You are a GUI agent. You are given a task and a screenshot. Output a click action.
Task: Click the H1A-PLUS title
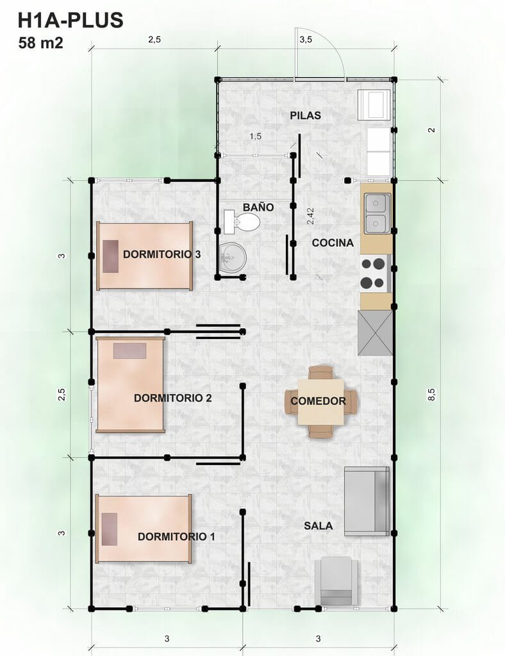pyautogui.click(x=70, y=20)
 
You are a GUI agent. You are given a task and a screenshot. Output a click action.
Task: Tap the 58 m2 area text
pyautogui.click(x=40, y=43)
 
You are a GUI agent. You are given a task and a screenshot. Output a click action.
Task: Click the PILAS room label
pyautogui.click(x=306, y=115)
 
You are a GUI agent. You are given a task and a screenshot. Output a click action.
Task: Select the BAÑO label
pyautogui.click(x=258, y=207)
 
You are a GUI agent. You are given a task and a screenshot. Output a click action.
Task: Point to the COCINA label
pyautogui.click(x=333, y=243)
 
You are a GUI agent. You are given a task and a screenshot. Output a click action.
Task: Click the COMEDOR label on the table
pyautogui.click(x=318, y=401)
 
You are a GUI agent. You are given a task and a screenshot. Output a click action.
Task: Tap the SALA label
pyautogui.click(x=318, y=526)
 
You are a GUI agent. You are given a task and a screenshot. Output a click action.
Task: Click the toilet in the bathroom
pyautogui.click(x=242, y=222)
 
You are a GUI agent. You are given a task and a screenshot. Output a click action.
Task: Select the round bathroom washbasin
pyautogui.click(x=233, y=258)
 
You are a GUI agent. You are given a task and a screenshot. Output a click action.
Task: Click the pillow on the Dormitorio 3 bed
pyautogui.click(x=110, y=256)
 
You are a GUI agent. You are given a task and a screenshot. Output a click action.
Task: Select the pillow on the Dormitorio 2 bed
pyautogui.click(x=129, y=351)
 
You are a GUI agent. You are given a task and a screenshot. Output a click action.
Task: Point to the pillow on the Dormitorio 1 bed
pyautogui.click(x=109, y=529)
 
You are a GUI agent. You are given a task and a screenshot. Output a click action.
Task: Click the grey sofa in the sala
pyautogui.click(x=367, y=501)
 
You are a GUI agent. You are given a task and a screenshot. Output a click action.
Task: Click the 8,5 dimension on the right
pyautogui.click(x=431, y=395)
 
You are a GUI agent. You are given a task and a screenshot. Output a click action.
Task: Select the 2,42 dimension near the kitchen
pyautogui.click(x=310, y=217)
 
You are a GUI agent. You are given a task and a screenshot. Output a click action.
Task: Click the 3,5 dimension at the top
pyautogui.click(x=306, y=40)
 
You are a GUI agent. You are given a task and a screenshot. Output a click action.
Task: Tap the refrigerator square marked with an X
pyautogui.click(x=376, y=333)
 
